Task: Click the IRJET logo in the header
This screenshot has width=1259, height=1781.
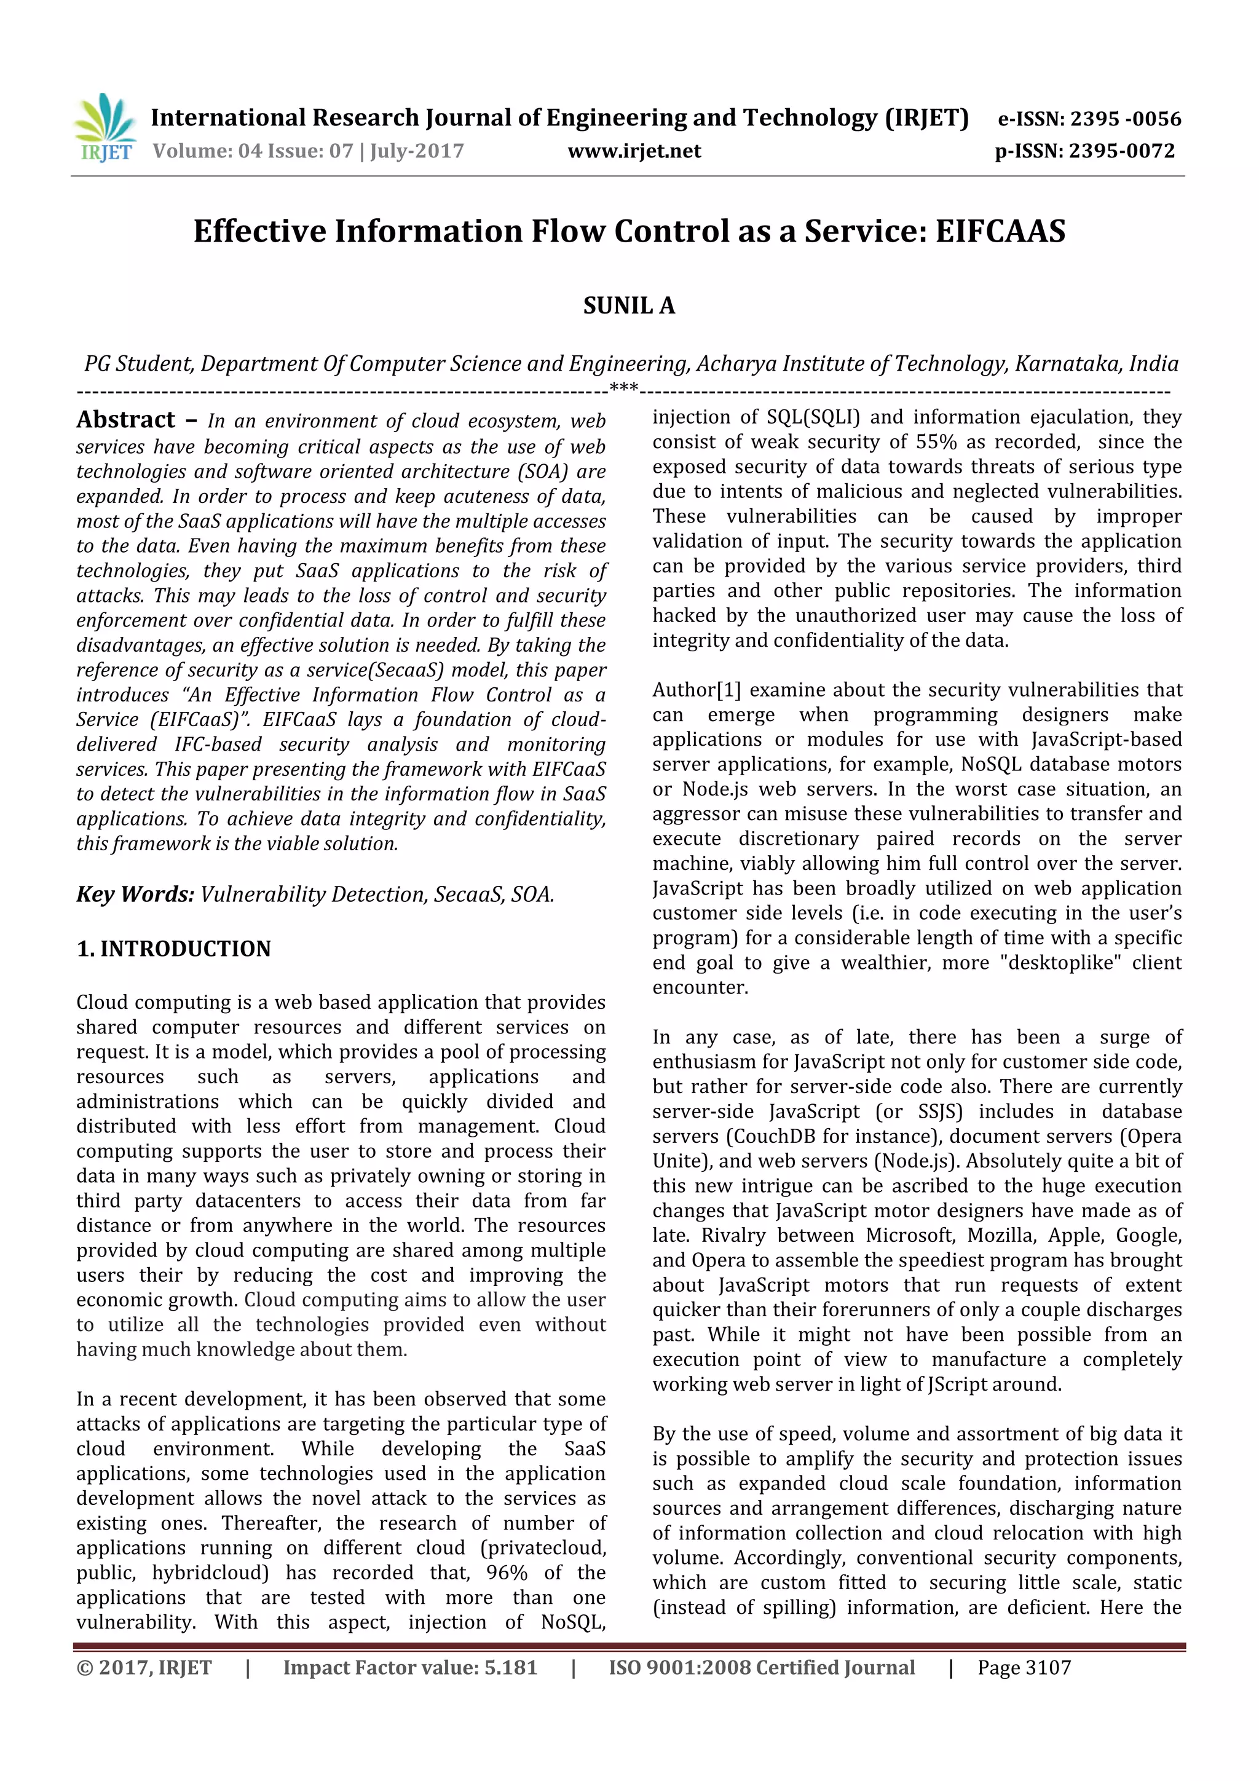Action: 105,127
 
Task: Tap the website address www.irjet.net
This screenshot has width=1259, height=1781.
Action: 634,151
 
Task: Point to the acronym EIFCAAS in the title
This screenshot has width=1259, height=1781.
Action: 1000,231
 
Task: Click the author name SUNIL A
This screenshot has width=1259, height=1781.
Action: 629,306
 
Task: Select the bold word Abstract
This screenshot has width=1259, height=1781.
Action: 125,420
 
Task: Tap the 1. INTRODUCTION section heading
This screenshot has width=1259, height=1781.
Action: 174,949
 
